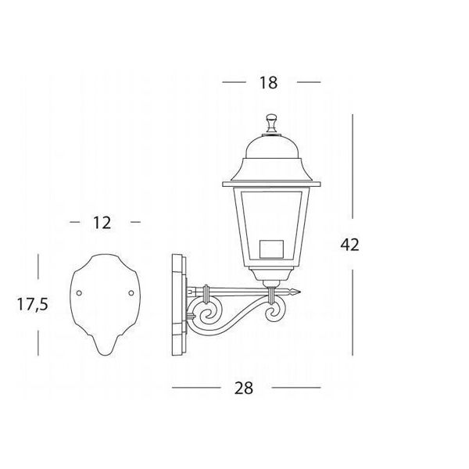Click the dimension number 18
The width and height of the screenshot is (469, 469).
click(x=268, y=83)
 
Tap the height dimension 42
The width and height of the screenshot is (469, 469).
click(x=349, y=245)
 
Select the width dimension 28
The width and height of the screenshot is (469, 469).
click(x=243, y=388)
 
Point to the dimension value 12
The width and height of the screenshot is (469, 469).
click(x=102, y=223)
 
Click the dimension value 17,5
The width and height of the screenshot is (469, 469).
click(x=32, y=304)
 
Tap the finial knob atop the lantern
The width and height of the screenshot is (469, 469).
click(x=271, y=123)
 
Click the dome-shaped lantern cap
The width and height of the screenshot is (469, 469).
click(x=271, y=147)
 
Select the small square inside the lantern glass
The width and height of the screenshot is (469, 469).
click(x=271, y=249)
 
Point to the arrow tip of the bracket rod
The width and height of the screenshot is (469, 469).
click(x=299, y=292)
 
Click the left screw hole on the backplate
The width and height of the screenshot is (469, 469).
click(x=79, y=293)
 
